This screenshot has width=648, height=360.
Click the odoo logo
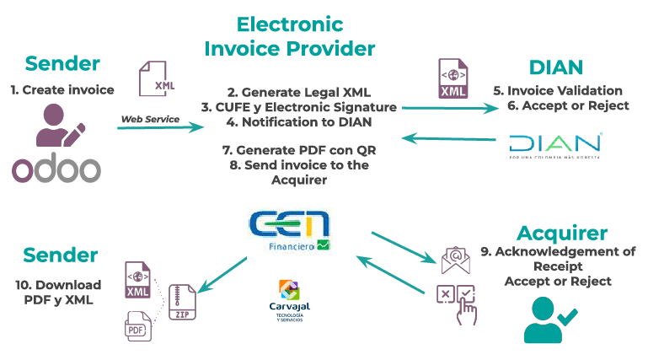coord(56,167)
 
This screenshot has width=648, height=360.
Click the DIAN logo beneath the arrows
coord(555,144)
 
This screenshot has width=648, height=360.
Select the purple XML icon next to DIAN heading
coord(453,78)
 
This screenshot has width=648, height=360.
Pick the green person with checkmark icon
coord(549,320)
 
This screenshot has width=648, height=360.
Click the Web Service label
coord(150,119)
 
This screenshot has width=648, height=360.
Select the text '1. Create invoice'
coord(62,90)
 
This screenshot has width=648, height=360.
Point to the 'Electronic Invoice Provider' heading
coord(290,35)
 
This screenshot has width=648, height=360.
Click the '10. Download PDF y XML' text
coord(58,292)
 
